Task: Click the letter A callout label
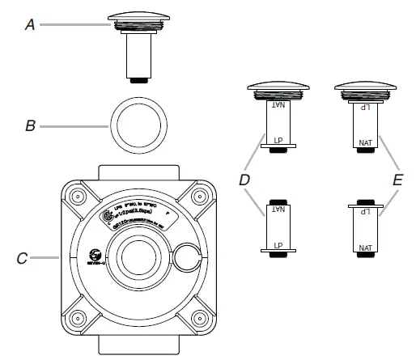coord(30,26)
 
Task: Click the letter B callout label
coord(30,126)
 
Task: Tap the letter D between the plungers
coord(244,180)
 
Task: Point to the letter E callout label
coord(397,180)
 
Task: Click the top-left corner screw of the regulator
coord(79,197)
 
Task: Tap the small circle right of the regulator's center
coord(185,256)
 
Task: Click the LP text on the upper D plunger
coord(278,137)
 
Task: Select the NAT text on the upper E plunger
coord(366,142)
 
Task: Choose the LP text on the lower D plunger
coord(278,244)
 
